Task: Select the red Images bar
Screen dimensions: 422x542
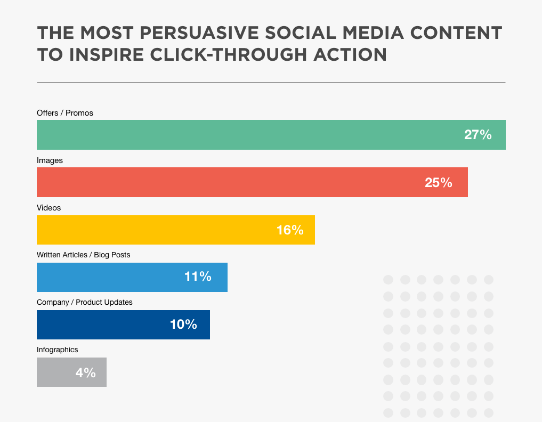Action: click(224, 182)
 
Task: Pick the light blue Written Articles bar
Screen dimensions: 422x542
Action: click(107, 277)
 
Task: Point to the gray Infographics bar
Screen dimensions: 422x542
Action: click(53, 372)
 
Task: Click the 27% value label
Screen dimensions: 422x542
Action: click(478, 135)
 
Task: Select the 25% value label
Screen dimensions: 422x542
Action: click(438, 182)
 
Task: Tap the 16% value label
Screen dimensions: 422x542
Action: click(290, 230)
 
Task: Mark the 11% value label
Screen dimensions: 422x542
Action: click(198, 277)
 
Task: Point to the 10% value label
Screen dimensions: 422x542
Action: click(183, 324)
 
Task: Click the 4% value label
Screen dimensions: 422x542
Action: click(85, 372)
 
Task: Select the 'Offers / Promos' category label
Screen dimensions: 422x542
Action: click(65, 113)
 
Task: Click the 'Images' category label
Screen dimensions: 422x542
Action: click(50, 160)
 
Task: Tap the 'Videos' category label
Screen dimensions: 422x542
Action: click(49, 208)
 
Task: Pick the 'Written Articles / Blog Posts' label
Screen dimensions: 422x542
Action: click(83, 255)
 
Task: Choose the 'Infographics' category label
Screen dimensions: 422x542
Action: click(58, 350)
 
